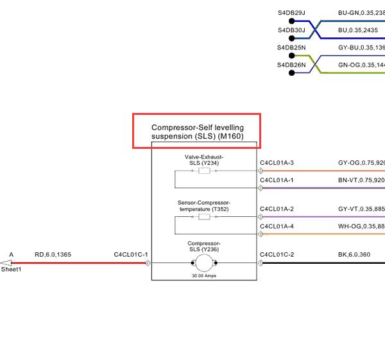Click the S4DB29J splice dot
point(291,21)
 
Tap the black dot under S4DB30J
point(291,39)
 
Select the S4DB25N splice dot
point(291,56)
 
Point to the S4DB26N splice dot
point(291,73)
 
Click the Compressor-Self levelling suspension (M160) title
point(198,132)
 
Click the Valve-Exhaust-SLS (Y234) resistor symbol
point(204,171)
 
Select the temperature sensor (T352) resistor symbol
point(204,217)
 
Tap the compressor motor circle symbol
point(204,263)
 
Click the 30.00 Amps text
point(204,276)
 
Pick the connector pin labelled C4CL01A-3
point(260,171)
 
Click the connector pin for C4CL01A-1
point(260,188)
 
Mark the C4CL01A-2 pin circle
point(260,217)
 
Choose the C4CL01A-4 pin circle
point(260,234)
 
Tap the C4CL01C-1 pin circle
point(148,263)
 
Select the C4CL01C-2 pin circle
point(260,263)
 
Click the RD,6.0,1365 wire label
point(53,255)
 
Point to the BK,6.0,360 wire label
point(354,255)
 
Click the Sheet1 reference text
point(11,270)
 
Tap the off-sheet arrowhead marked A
point(6,263)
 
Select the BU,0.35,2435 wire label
point(358,30)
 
